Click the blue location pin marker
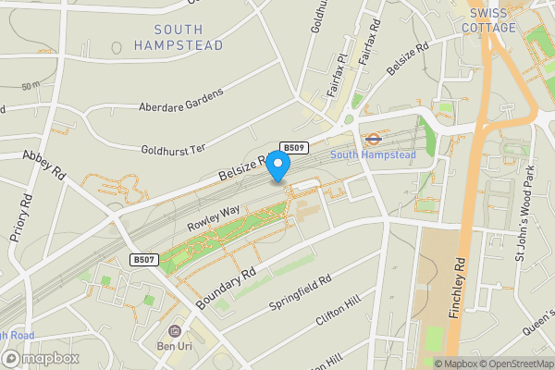point(278,164)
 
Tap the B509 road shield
point(294,148)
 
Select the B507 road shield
point(142,259)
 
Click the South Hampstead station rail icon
point(373,140)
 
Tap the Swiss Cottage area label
point(492,20)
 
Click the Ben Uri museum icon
point(173,331)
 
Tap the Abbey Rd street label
point(44,165)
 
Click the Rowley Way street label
point(214,217)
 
